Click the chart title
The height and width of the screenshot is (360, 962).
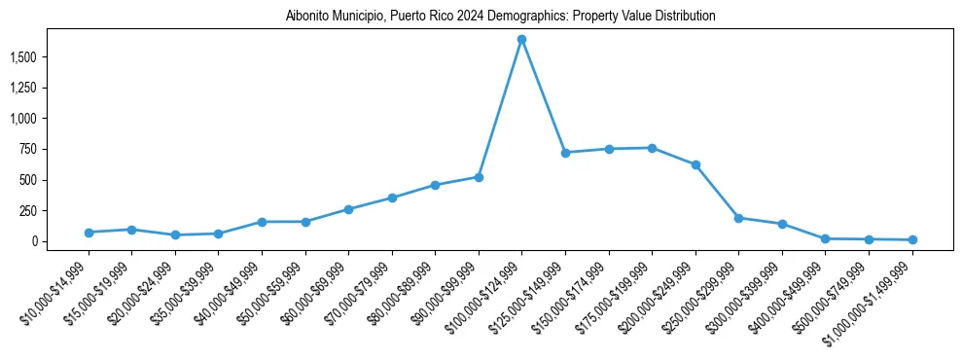pos(501,17)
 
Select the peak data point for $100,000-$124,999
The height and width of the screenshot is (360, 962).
pos(522,40)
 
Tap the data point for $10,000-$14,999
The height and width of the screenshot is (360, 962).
pos(89,233)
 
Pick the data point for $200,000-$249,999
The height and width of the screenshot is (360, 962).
pos(695,165)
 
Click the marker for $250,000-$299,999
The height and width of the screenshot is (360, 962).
pos(739,218)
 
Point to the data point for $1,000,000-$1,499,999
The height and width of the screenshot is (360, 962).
pos(912,239)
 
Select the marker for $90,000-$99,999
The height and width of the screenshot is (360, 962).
pos(479,177)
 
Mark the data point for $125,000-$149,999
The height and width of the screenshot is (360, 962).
pos(565,153)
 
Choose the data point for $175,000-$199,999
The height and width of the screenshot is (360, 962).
pos(652,148)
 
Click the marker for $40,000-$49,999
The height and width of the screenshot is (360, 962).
pos(262,222)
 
